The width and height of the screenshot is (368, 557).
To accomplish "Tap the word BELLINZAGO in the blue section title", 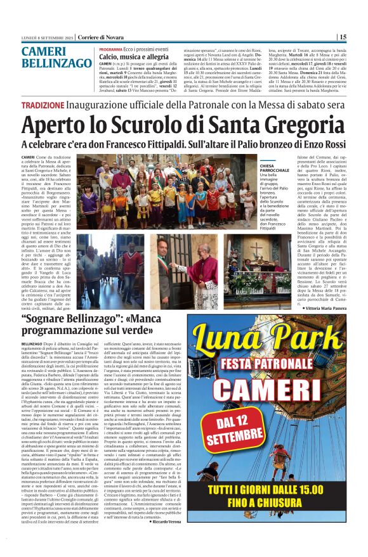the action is (57, 63).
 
